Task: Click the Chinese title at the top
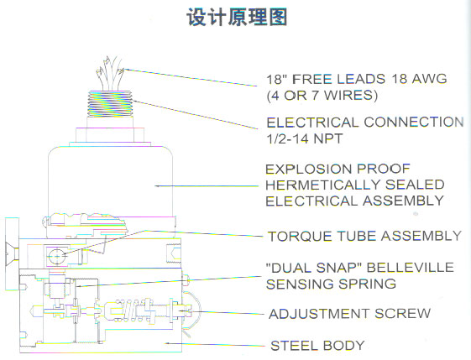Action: [x=237, y=17]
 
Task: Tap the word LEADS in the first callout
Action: [x=361, y=79]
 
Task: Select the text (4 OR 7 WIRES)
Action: [x=322, y=96]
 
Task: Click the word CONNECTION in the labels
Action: [x=414, y=123]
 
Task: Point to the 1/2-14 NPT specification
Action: [x=305, y=138]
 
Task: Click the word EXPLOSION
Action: [x=308, y=170]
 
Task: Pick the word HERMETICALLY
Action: [x=323, y=185]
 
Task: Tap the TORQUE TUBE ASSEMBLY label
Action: [x=364, y=236]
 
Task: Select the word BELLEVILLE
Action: [x=411, y=267]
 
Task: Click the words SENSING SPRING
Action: [x=331, y=284]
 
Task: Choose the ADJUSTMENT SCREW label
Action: [x=349, y=314]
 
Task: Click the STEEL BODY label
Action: [x=317, y=346]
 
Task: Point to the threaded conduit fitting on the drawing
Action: [x=110, y=104]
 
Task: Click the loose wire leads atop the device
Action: [x=110, y=73]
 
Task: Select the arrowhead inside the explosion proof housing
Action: [x=158, y=186]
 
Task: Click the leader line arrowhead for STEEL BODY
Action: [x=168, y=343]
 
